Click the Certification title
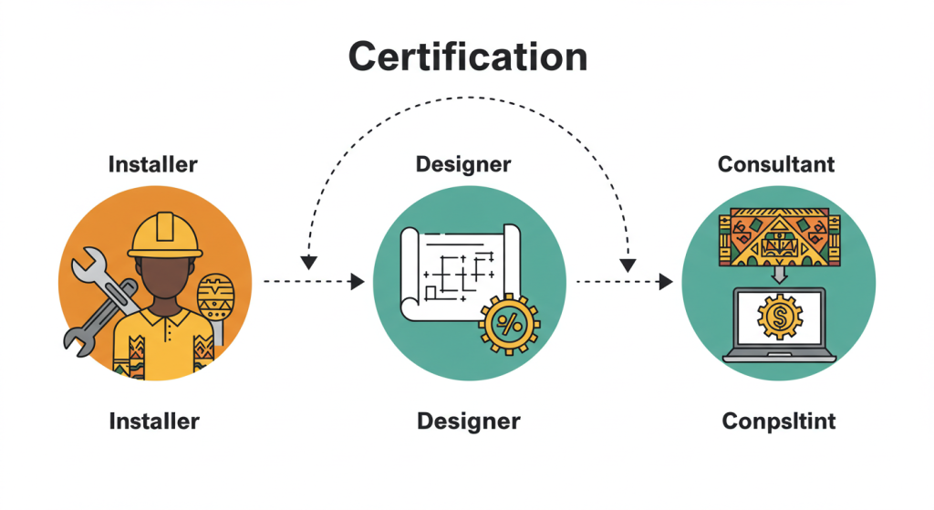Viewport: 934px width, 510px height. [467, 57]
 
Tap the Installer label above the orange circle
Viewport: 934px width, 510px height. [153, 165]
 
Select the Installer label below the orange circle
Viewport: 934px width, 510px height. [153, 422]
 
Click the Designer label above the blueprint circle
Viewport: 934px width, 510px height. [463, 165]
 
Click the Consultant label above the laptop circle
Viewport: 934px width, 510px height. [776, 165]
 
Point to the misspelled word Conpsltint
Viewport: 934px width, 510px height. [778, 422]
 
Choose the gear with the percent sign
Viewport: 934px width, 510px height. [509, 323]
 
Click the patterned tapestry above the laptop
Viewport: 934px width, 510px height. [775, 236]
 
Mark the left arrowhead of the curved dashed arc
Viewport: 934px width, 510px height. [308, 262]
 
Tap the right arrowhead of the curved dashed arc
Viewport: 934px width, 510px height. [628, 264]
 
